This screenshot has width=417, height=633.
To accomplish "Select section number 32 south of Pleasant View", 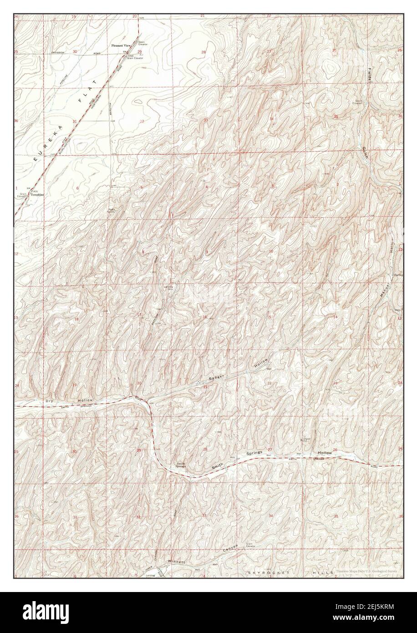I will point(142,122).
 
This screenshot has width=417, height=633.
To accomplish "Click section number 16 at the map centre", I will point(205,317).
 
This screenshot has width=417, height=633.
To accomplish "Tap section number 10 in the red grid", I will point(271,251).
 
